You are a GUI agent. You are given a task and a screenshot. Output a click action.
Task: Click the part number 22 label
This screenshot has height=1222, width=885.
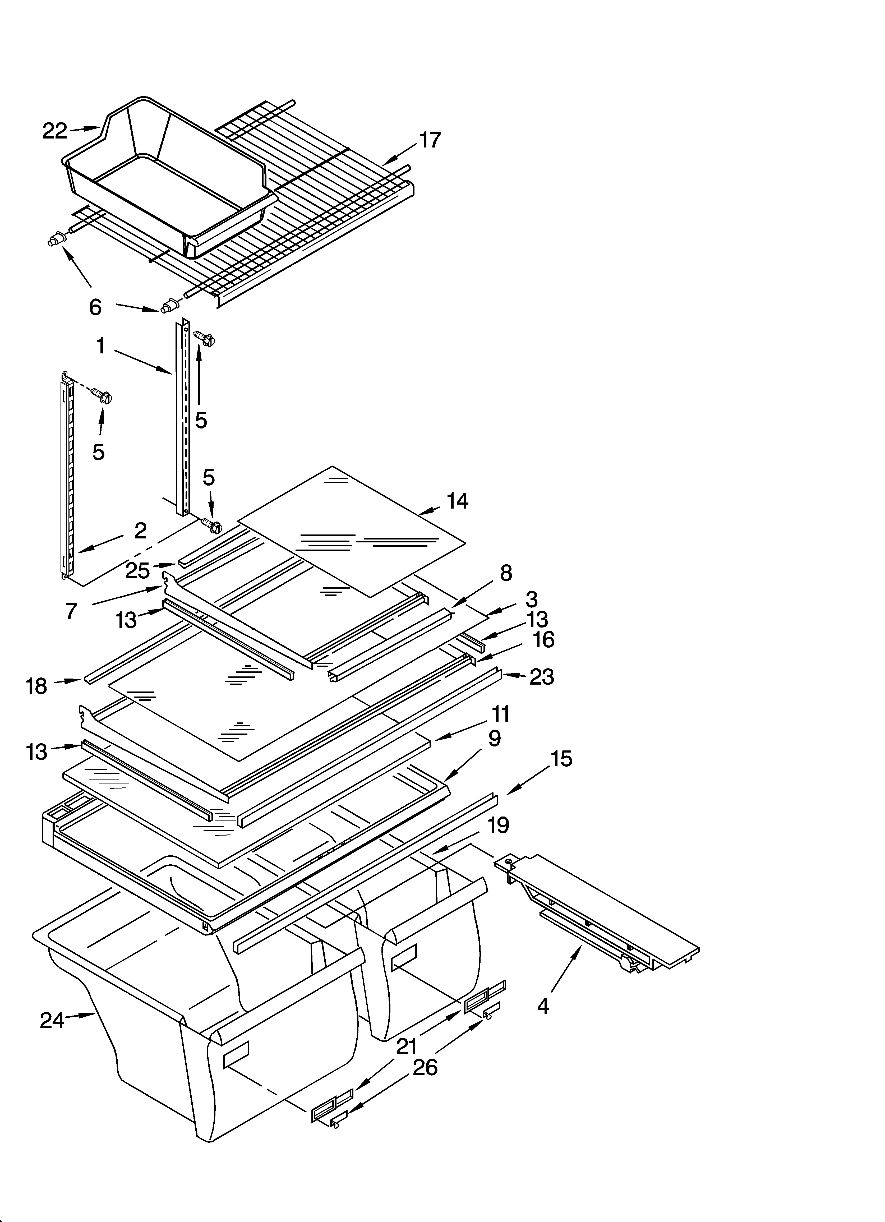[x=54, y=131]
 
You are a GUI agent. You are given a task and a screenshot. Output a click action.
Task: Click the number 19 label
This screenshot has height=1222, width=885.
[x=497, y=825]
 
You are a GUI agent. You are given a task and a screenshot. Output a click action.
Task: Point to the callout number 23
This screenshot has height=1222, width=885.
[x=541, y=677]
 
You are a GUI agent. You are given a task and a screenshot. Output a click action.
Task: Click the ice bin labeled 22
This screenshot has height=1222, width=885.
[x=167, y=178]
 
